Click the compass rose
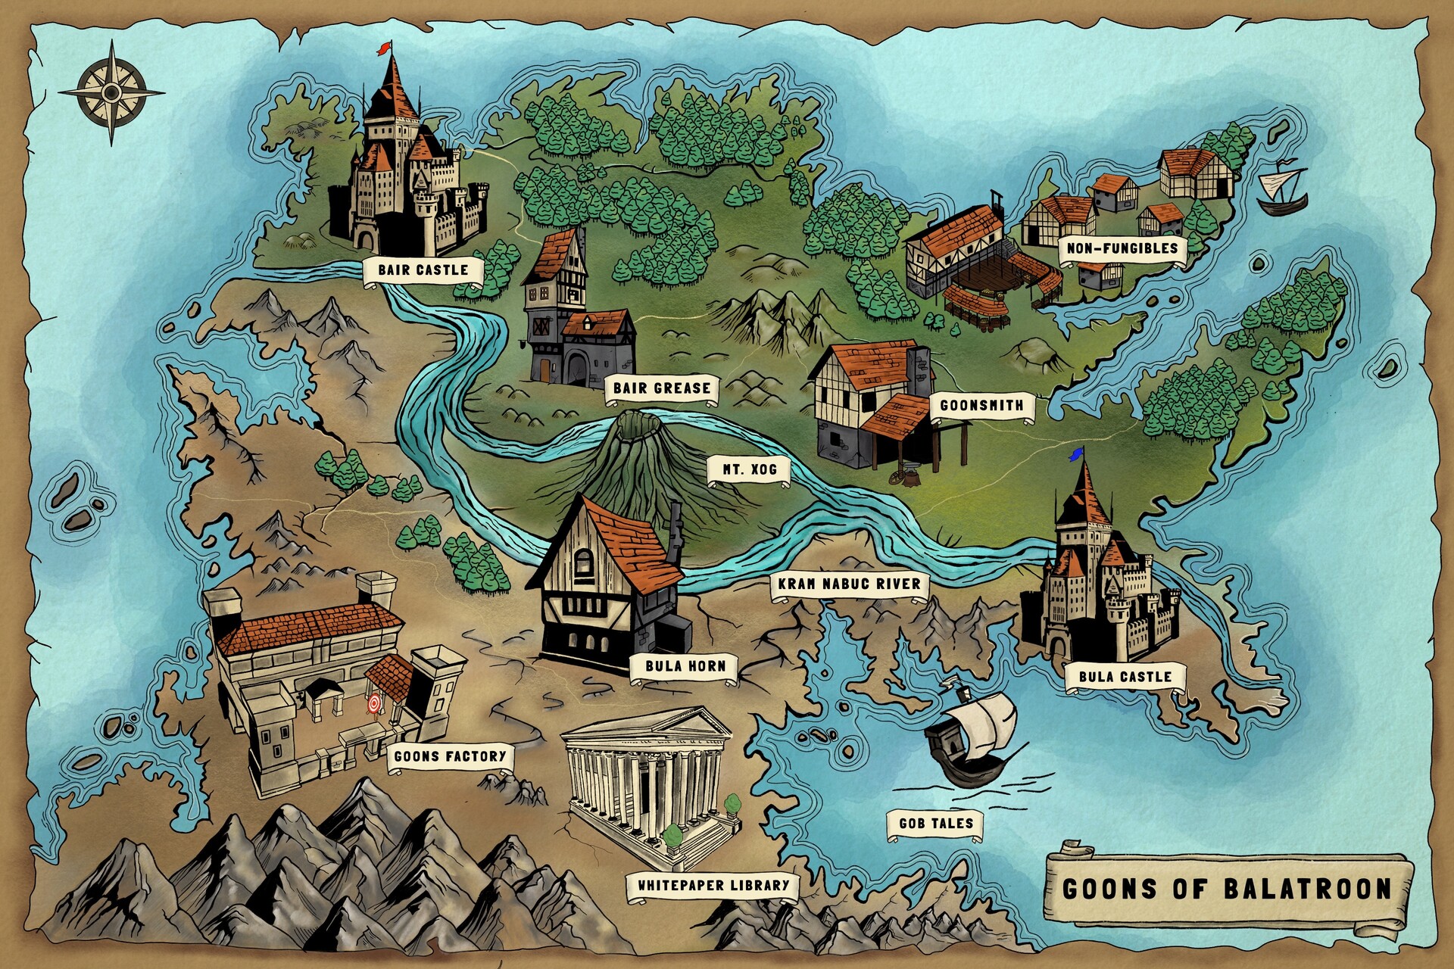point(112,92)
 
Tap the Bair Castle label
point(423,270)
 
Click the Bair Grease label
point(661,388)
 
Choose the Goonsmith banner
point(981,406)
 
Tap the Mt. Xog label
point(749,470)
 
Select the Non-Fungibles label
point(1122,248)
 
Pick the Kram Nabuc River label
point(849,584)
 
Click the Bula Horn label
point(685,667)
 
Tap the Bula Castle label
point(1125,677)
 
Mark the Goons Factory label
point(450,756)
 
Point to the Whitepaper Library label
point(713,885)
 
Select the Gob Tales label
point(935,824)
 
